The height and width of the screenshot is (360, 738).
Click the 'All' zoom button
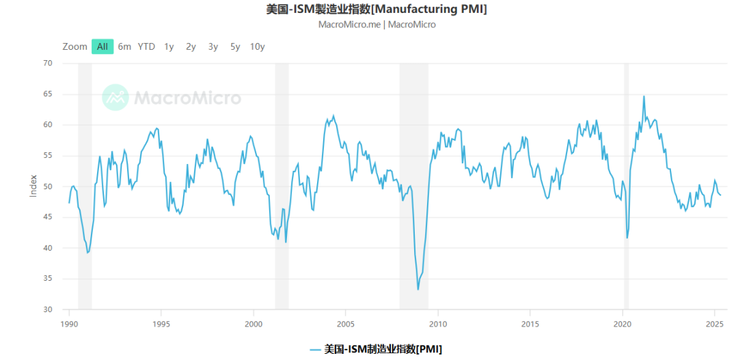(x=102, y=46)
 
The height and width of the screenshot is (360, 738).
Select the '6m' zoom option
(x=124, y=46)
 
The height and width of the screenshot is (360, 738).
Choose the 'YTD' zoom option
(x=146, y=46)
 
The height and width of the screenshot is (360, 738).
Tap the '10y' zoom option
(x=257, y=46)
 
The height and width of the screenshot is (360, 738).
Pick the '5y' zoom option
(x=235, y=46)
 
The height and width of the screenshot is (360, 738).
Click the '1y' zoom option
(x=169, y=46)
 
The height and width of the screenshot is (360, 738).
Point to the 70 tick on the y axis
(x=47, y=63)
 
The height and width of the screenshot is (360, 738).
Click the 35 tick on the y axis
(x=47, y=279)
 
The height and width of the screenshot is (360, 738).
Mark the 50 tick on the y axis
(x=47, y=186)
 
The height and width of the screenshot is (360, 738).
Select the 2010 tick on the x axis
(x=438, y=324)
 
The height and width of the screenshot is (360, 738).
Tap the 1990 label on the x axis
(x=69, y=324)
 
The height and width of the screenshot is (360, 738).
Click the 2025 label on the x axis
(x=714, y=324)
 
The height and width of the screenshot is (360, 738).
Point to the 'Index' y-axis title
(x=33, y=186)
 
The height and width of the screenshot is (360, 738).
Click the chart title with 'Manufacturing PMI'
(x=377, y=9)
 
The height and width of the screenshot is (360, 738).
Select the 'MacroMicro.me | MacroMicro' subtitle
(x=377, y=25)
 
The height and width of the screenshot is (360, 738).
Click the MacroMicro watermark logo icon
(x=115, y=98)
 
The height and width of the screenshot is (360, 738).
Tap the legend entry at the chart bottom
(x=375, y=349)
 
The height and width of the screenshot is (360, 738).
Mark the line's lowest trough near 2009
(x=418, y=290)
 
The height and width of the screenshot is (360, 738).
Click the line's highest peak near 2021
(x=644, y=96)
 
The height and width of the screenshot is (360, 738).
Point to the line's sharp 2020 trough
(x=627, y=238)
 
